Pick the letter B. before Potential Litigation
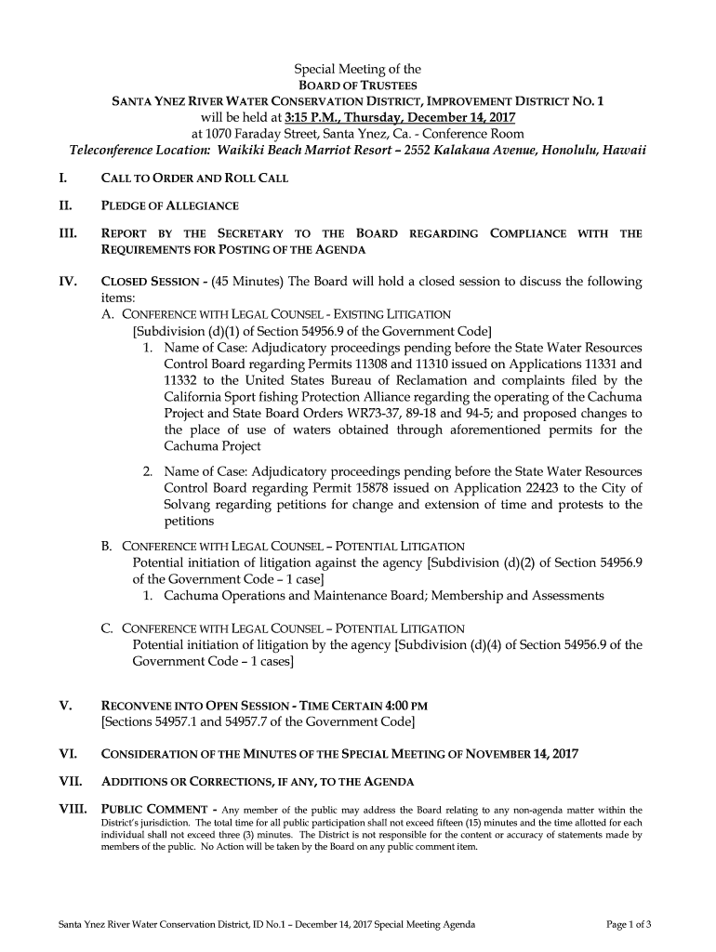pos(107,546)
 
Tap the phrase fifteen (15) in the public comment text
pos(478,824)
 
